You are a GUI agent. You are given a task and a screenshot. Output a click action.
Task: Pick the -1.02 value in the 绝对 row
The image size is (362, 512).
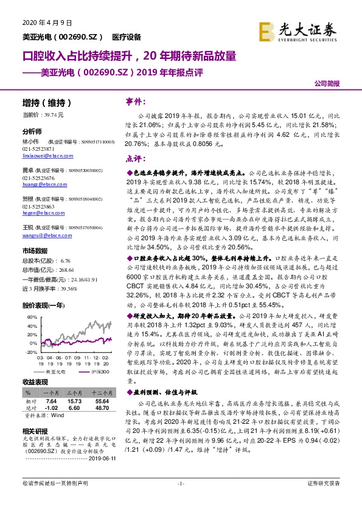click(x=51, y=409)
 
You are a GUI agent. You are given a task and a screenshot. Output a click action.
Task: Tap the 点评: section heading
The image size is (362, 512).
click(x=134, y=158)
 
